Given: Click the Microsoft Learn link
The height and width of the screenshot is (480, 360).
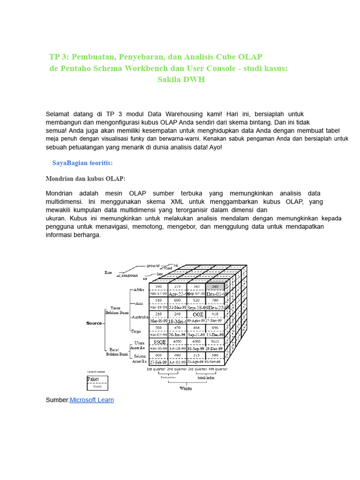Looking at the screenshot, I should tap(91, 400).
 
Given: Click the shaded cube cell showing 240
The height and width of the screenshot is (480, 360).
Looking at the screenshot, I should tap(215, 286).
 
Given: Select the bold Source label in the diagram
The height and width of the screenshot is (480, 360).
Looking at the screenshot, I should tap(94, 323).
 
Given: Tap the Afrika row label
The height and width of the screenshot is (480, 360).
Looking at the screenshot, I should tap(139, 290).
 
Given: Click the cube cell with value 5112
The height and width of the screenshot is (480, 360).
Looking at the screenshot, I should tap(215, 342).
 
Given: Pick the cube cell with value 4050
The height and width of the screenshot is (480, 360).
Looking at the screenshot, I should tap(177, 342).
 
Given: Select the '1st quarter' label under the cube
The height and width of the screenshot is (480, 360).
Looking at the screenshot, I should tap(157, 369).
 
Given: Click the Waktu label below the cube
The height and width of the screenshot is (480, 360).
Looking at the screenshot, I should tap(186, 388).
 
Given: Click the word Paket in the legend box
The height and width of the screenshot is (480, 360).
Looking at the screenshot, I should tap(94, 381).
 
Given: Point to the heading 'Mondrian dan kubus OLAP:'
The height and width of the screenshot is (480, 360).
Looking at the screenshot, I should tap(85, 179).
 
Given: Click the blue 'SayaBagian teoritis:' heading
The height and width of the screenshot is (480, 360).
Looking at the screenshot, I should tap(82, 163).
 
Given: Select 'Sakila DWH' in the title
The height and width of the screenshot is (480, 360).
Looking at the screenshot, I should tap(181, 80).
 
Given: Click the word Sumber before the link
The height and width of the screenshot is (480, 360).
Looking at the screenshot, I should tap(57, 400).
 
